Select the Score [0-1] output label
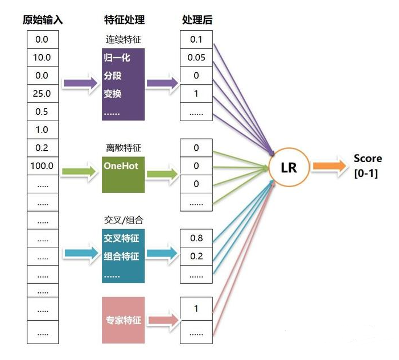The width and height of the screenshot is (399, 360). pyautogui.click(x=367, y=165)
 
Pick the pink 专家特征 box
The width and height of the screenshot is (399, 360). pyautogui.click(x=124, y=320)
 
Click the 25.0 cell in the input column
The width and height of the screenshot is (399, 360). pyautogui.click(x=42, y=93)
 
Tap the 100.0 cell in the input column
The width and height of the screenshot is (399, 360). pyautogui.click(x=42, y=166)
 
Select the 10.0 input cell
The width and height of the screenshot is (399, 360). pyautogui.click(x=42, y=57)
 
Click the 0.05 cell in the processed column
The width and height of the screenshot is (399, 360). pyautogui.click(x=196, y=57)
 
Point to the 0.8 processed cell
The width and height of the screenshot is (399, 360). pyautogui.click(x=196, y=238)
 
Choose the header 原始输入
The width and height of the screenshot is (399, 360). pyautogui.click(x=43, y=20)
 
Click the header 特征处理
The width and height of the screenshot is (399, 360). pyautogui.click(x=124, y=20)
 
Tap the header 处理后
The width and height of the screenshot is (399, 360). pyautogui.click(x=197, y=20)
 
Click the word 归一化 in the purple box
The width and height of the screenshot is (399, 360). pyautogui.click(x=117, y=58)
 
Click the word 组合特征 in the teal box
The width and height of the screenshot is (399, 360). pyautogui.click(x=122, y=256)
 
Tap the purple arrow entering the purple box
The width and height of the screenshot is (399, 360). pyautogui.click(x=79, y=83)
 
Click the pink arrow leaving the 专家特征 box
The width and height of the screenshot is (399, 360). pyautogui.click(x=162, y=320)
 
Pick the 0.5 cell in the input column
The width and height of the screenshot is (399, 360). pyautogui.click(x=42, y=111)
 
